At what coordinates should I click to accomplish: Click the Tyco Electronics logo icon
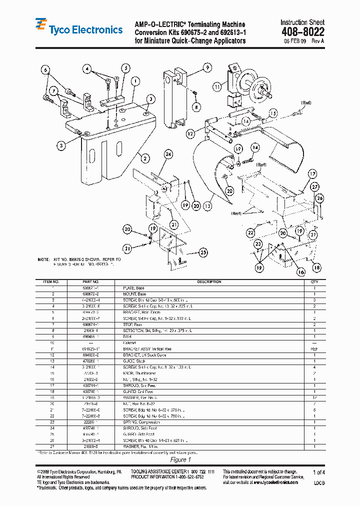click(41, 25)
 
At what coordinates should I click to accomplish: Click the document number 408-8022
click(302, 32)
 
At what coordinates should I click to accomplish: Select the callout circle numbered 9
click(207, 67)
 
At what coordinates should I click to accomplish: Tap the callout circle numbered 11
click(216, 86)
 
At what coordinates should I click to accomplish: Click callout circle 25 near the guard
click(203, 252)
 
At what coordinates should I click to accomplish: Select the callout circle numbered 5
click(125, 68)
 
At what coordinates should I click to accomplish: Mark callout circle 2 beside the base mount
click(145, 158)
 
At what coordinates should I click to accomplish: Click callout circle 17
click(312, 174)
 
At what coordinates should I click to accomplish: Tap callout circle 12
click(190, 133)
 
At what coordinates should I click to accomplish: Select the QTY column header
click(314, 282)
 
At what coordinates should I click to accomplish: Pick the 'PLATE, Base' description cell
click(133, 288)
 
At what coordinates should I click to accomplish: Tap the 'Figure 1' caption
click(180, 459)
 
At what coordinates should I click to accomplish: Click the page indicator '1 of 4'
click(318, 472)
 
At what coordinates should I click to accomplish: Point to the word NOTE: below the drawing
click(43, 260)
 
